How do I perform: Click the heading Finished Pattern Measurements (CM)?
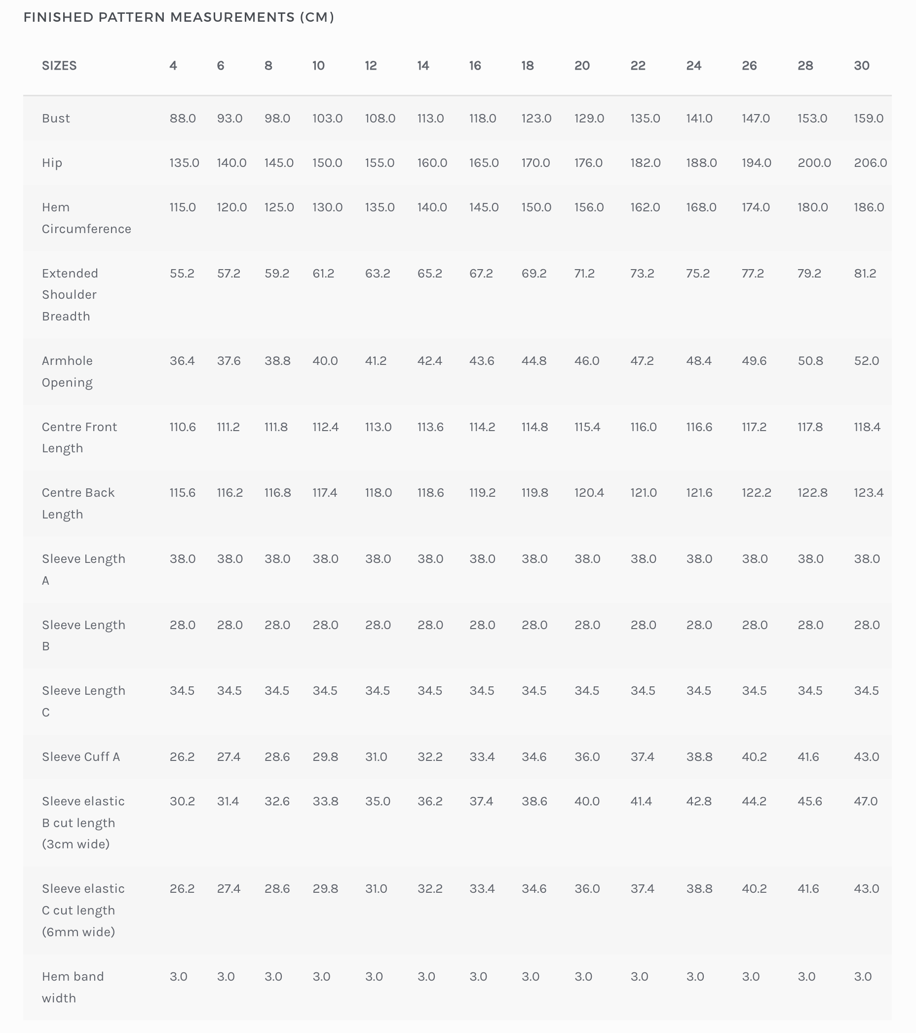[179, 17]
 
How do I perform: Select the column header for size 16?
[475, 66]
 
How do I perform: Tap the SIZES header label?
[59, 66]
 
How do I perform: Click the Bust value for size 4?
[183, 118]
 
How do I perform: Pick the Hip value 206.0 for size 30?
[870, 163]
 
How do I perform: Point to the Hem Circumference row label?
[86, 218]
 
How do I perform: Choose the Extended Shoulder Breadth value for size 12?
[378, 274]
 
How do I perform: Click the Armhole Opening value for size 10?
[325, 361]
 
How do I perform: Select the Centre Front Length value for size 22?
[643, 427]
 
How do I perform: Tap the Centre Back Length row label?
[78, 503]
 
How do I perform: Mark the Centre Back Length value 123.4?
[869, 493]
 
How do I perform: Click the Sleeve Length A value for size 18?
[534, 559]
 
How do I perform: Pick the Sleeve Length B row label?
[83, 636]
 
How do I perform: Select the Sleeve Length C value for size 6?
[229, 691]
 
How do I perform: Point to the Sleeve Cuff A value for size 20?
[587, 757]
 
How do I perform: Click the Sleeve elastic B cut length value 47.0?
[866, 801]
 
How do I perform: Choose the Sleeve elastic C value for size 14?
[430, 889]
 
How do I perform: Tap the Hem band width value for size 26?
[750, 977]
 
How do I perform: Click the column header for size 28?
[805, 66]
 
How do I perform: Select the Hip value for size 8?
[279, 163]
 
